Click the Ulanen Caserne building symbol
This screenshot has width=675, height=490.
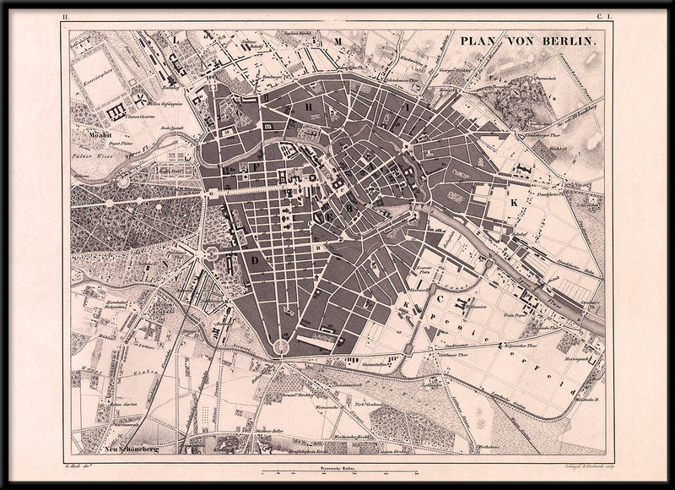coord(117,110)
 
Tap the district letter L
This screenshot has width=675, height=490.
coord(175,39)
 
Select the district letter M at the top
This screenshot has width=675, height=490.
coord(336,41)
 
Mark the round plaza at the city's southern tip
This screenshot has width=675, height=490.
coord(279,347)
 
